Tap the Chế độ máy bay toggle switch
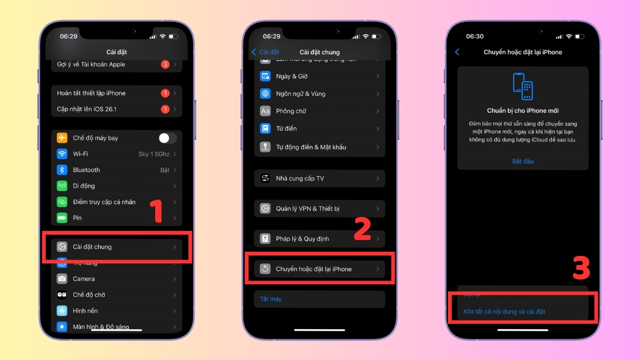[x=167, y=138]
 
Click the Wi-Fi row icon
[x=62, y=154]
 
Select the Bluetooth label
[x=86, y=170]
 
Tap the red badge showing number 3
[x=165, y=65]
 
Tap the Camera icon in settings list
[x=62, y=279]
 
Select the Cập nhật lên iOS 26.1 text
[x=87, y=109]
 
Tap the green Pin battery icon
[x=62, y=218]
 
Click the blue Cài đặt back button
[x=266, y=52]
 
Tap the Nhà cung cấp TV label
[x=300, y=179]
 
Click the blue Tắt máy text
[x=270, y=299]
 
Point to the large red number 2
[x=363, y=228]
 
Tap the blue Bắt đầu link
[x=523, y=161]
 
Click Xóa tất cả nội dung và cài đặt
[x=504, y=311]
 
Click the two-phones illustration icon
[x=523, y=86]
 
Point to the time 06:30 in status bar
[x=475, y=36]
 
